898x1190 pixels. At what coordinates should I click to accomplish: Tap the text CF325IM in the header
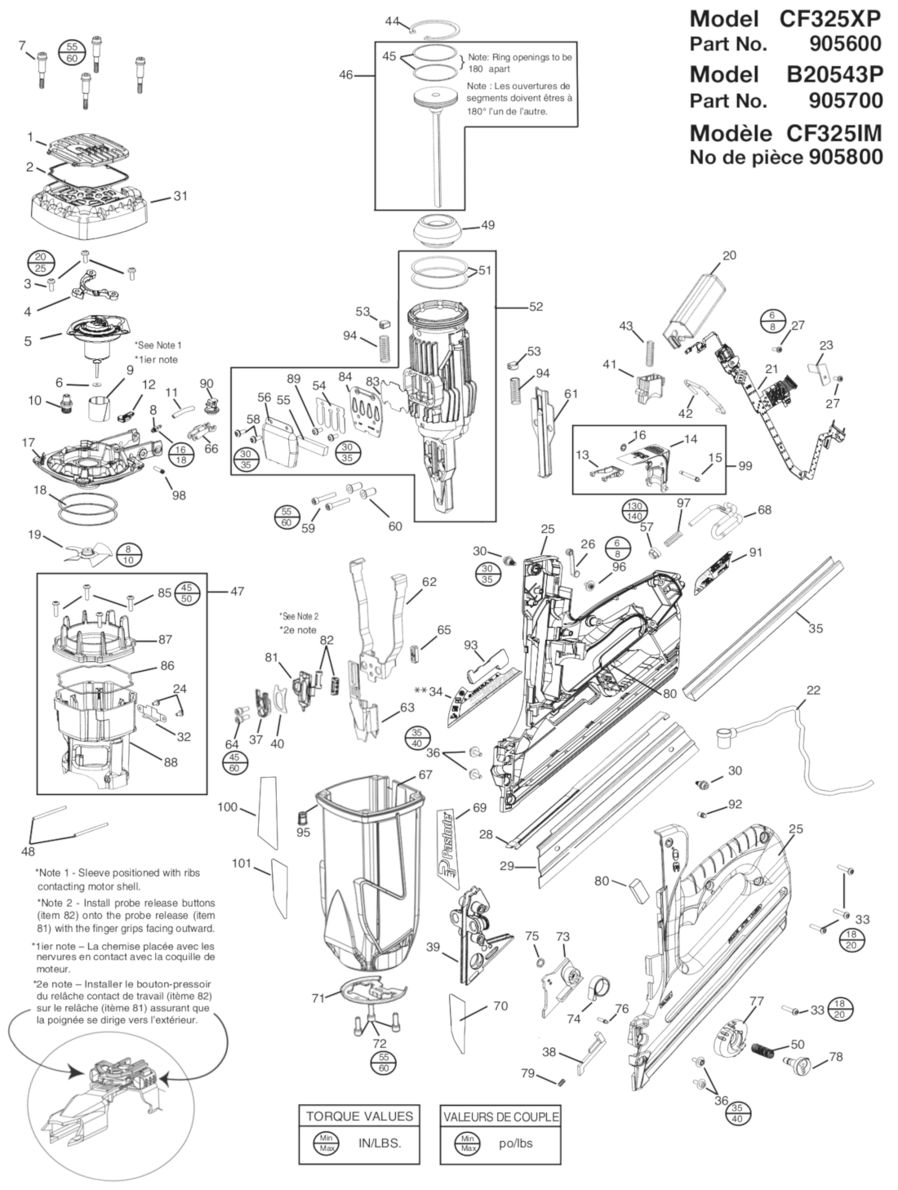pyautogui.click(x=834, y=132)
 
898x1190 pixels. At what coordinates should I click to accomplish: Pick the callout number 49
pyautogui.click(x=487, y=225)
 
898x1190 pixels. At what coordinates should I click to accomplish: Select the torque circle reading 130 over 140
pyautogui.click(x=636, y=511)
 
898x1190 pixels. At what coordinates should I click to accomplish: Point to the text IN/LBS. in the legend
pyautogui.click(x=380, y=1143)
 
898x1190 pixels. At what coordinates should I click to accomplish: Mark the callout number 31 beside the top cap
pyautogui.click(x=180, y=196)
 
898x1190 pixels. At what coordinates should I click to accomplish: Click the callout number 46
pyautogui.click(x=347, y=75)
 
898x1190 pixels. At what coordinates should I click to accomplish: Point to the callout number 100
pyautogui.click(x=227, y=807)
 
